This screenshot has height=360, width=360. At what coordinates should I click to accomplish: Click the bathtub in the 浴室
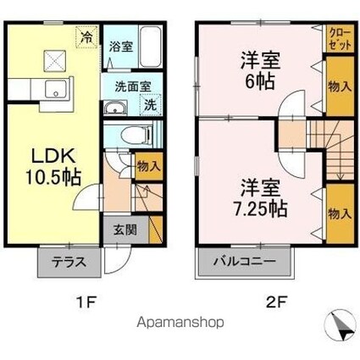point(151,47)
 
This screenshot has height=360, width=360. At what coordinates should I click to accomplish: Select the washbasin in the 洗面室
point(116,108)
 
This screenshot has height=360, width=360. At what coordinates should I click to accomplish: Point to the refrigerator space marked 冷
point(86,37)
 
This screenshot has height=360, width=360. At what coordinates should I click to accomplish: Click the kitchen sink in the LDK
point(57,89)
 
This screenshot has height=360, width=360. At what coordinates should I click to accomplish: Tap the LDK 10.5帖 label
point(53,168)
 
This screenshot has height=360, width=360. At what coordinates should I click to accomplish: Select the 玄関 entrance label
point(125,230)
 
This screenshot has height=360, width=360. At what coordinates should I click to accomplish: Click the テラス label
point(69,263)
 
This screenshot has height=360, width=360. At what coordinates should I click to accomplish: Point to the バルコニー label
point(245,261)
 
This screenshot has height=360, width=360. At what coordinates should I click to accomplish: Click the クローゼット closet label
point(341,39)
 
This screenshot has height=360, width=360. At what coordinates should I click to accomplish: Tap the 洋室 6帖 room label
point(260,70)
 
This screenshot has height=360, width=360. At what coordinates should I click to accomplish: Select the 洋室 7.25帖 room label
point(260,198)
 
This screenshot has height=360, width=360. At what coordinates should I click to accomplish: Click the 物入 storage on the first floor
point(149,166)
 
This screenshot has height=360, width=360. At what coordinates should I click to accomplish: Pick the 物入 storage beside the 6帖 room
point(340,86)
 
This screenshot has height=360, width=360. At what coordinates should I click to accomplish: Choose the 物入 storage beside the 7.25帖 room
point(340,213)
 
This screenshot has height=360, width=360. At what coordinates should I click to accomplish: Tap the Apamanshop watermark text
point(180,323)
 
